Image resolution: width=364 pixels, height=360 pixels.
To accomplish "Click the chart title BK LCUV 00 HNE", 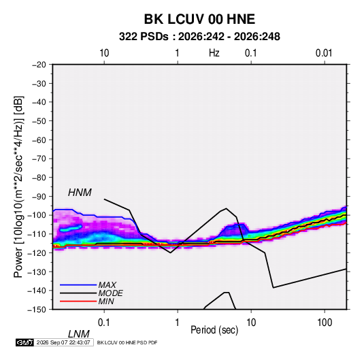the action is (199, 19).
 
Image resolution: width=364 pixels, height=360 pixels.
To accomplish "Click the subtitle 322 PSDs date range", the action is (199, 37).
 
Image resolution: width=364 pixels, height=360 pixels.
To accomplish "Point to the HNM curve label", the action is (80, 193).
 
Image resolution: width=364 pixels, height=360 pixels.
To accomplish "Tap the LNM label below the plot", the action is (79, 334).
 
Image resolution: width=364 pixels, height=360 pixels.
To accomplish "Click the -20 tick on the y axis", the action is (39, 65).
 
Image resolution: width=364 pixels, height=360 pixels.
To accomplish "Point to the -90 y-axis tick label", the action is (39, 196).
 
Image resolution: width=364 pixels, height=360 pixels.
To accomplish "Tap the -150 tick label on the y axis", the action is (37, 310).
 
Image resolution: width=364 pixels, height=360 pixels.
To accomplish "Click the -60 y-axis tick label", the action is (39, 140).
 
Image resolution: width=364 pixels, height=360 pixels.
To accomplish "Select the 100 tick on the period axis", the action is (325, 322).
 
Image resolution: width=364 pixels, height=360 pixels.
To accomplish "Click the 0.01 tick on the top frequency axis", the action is (324, 53).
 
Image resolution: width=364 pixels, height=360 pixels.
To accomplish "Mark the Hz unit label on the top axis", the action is (214, 53).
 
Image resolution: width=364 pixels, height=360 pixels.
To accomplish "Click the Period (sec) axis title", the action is (214, 330).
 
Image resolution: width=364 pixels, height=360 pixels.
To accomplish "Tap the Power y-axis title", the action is (18, 187).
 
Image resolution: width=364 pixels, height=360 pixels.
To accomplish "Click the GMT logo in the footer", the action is (25, 342).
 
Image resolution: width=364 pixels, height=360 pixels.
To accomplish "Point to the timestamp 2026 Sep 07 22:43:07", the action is (63, 342).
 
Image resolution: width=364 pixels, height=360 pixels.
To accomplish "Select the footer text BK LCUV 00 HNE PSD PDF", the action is (127, 342).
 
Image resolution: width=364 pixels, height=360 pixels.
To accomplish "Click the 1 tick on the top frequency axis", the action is (177, 53).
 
